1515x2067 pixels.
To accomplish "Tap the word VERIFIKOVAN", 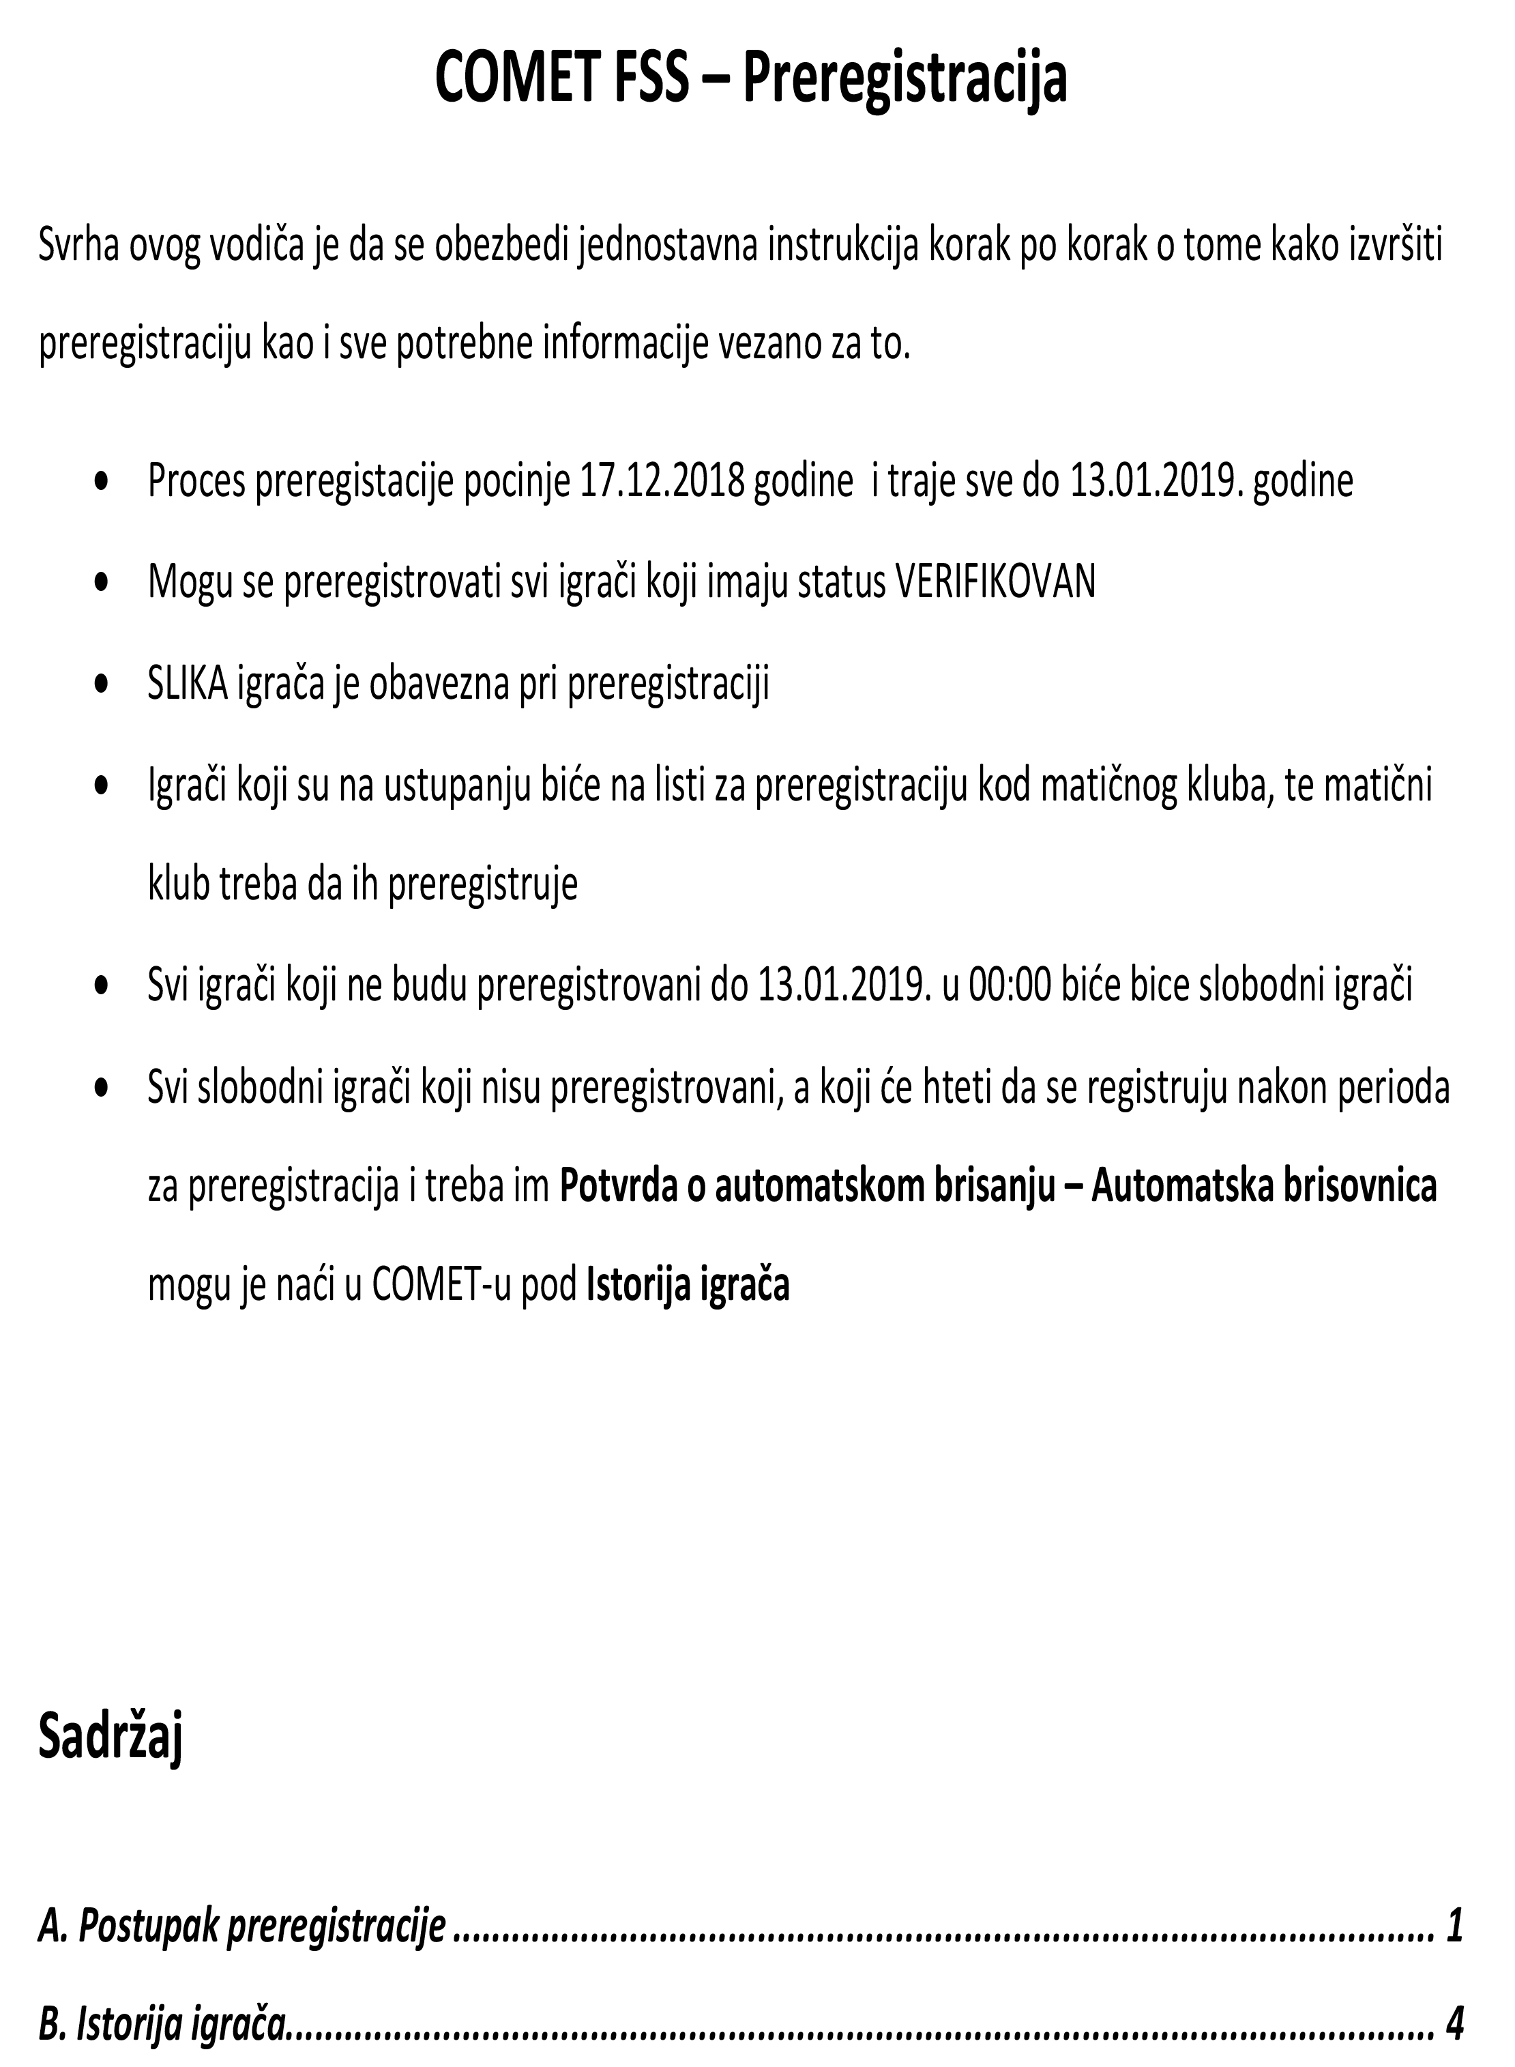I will coord(995,581).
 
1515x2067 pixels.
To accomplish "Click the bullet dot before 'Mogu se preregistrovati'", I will coord(103,581).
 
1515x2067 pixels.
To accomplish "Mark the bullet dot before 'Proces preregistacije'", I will coord(103,480).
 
